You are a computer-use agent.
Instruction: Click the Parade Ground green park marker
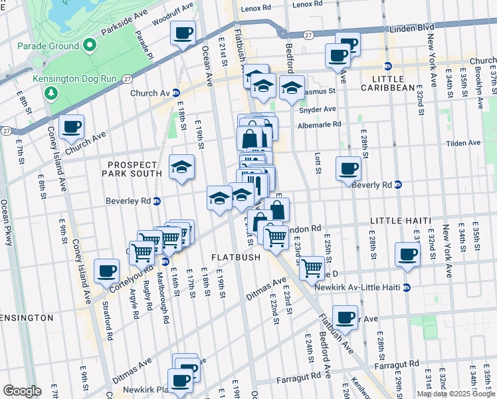[x=88, y=45]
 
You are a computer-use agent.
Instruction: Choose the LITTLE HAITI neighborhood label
[x=397, y=220]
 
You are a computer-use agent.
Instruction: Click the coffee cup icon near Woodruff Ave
[x=183, y=33]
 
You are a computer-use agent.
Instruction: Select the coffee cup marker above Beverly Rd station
[x=348, y=168]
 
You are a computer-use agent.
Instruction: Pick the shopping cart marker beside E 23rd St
[x=311, y=268]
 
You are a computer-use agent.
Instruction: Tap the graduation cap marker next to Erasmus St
[x=291, y=88]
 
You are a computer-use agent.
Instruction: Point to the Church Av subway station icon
[x=176, y=93]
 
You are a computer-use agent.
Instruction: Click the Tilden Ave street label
[x=462, y=143]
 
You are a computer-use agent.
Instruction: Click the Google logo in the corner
[x=22, y=391]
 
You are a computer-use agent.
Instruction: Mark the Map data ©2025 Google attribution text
[x=456, y=394]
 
